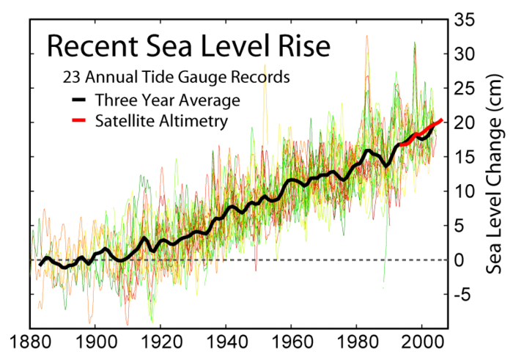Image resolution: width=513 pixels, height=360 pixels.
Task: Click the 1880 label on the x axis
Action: pyautogui.click(x=31, y=342)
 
